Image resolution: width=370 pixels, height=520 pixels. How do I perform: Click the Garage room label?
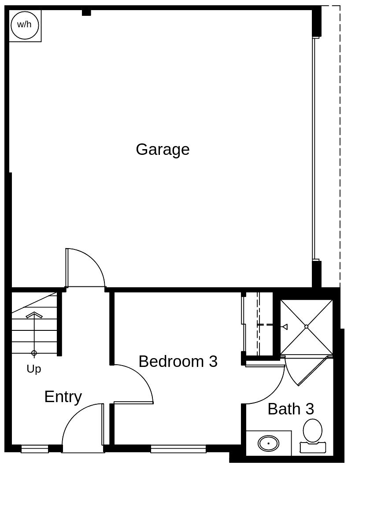[163, 150]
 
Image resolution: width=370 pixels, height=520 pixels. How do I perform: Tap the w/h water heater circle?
[25, 25]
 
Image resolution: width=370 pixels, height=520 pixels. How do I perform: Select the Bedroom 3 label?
[178, 362]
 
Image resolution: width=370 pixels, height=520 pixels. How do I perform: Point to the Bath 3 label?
[291, 409]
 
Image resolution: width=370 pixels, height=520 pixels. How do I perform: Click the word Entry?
[63, 397]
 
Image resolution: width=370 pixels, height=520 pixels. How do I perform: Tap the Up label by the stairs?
[34, 369]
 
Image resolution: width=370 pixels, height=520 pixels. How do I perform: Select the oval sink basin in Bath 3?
[268, 443]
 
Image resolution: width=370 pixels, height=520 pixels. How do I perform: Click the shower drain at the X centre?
[306, 326]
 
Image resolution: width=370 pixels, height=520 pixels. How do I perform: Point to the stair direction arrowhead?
[34, 314]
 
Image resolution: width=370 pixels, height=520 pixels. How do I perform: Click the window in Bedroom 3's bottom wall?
[178, 449]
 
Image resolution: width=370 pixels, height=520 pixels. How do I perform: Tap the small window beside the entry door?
[35, 449]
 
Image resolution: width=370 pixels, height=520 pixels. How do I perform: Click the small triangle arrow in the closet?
[285, 326]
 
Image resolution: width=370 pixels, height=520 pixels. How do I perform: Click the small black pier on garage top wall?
[86, 13]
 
